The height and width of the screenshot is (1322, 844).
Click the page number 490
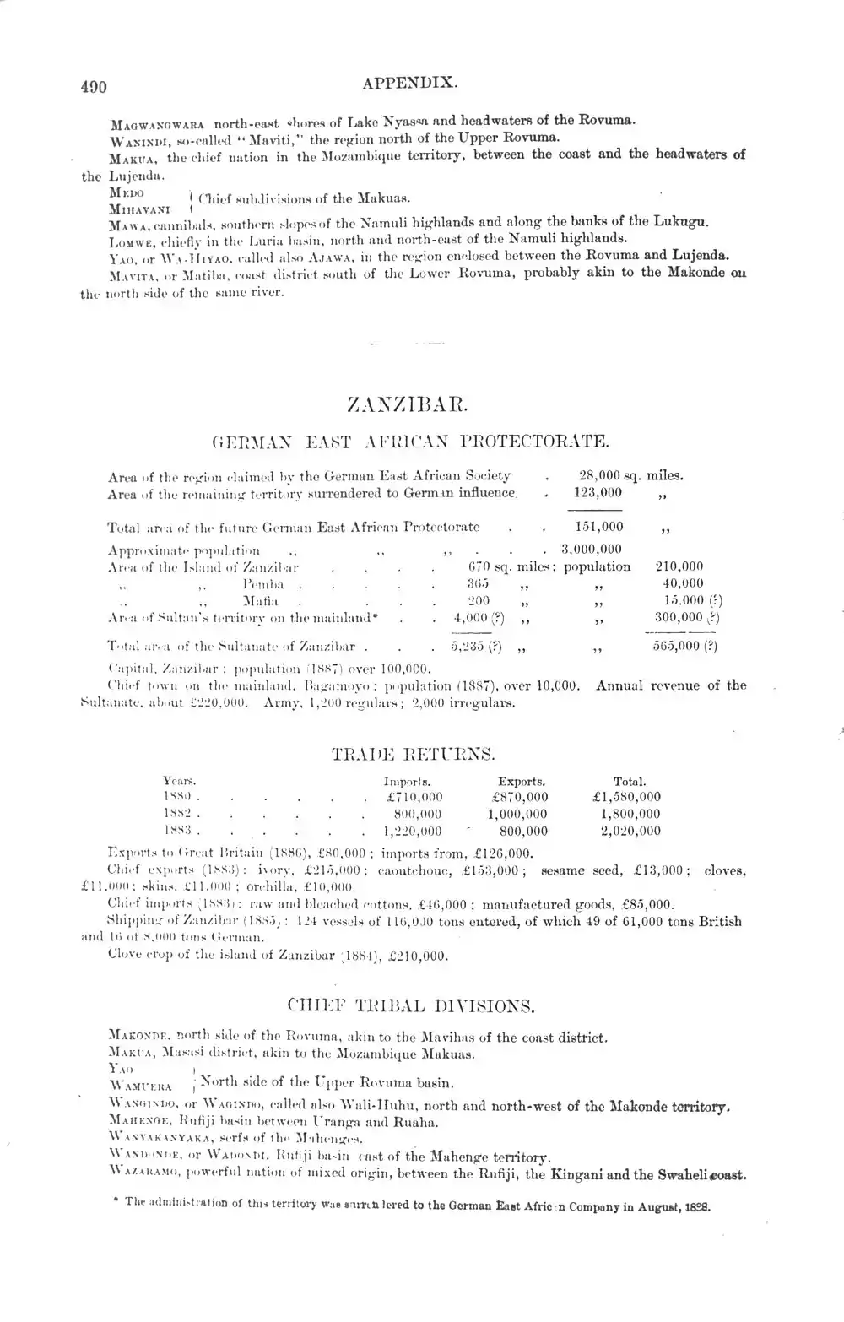click(94, 85)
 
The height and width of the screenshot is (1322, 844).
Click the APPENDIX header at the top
click(409, 84)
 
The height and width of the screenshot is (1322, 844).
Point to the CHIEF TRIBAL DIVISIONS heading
click(410, 1006)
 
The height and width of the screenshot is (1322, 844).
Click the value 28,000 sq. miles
click(631, 475)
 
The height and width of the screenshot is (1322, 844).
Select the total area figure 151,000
click(598, 527)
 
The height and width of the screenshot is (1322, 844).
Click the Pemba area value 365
click(479, 583)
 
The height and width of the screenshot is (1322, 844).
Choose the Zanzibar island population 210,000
click(679, 566)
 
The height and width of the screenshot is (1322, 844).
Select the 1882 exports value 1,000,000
click(517, 814)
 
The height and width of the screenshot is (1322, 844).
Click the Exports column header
click(521, 782)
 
